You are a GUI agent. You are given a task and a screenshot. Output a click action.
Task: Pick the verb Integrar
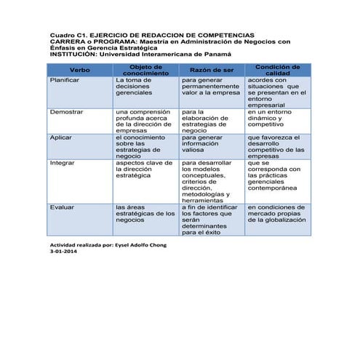[63, 163]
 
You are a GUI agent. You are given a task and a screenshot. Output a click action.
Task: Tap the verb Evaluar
[62, 207]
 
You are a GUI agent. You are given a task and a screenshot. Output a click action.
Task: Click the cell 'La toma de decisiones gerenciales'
[138, 87]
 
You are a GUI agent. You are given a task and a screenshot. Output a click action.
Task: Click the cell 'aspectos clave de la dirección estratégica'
[143, 169]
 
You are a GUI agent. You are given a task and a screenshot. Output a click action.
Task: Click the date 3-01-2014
[63, 252]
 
